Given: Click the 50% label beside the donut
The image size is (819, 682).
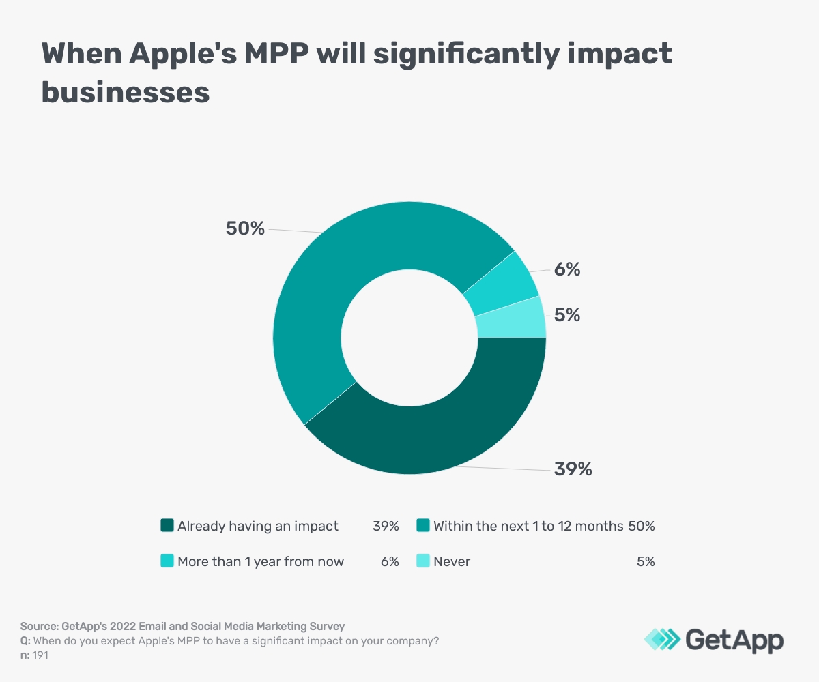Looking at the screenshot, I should coord(245,228).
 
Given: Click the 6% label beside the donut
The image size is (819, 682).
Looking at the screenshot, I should coord(567,269).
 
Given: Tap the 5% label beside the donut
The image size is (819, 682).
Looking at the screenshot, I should coord(567,315).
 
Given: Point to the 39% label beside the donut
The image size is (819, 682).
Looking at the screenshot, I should coord(573,469).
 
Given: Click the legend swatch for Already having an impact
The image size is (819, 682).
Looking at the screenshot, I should coord(167,526).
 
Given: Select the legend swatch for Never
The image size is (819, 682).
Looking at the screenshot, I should coord(422,561).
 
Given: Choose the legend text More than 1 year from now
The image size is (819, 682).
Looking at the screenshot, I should coord(261,561).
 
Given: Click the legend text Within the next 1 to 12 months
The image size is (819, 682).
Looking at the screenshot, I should coord(528,526).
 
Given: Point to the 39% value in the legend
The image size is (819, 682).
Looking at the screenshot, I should coord(386,526).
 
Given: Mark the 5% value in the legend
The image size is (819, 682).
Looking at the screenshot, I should coord(646,561).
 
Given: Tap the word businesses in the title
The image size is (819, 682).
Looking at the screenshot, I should coord(126,91).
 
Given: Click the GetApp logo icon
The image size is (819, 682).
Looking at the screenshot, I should coord(661,639).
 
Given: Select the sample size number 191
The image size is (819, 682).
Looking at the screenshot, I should coord(42,655).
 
